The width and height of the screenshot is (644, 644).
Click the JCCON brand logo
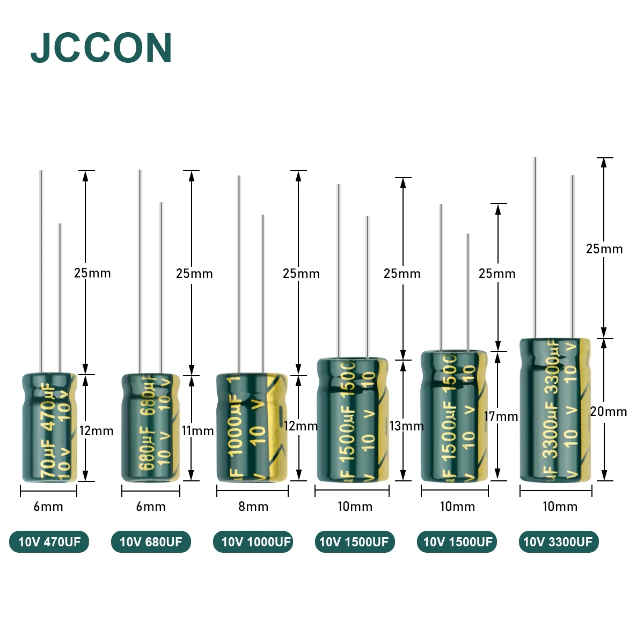tap(101, 48)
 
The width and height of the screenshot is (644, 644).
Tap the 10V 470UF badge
tap(49, 541)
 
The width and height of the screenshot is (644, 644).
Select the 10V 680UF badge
tap(151, 541)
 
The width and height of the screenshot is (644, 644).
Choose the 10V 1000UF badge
tap(253, 541)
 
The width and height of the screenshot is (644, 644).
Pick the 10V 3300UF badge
tap(558, 541)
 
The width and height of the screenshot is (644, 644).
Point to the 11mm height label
tap(197, 430)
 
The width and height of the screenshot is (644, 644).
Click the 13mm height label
tap(406, 426)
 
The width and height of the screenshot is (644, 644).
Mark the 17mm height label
tap(501, 416)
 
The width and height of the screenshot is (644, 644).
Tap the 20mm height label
tap(609, 412)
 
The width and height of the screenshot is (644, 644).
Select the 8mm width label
tap(253, 507)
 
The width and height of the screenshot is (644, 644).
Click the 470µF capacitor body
tap(49, 428)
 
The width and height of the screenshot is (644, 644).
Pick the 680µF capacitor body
tap(151, 428)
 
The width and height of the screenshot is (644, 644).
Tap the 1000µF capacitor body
tap(251, 428)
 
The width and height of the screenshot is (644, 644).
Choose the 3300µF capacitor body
tap(555, 409)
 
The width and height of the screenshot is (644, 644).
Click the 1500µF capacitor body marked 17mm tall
tap(454, 416)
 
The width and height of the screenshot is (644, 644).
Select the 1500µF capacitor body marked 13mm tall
tap(352, 420)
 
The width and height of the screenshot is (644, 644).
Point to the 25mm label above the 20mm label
tap(604, 249)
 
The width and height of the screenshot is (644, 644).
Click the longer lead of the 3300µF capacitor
tap(535, 247)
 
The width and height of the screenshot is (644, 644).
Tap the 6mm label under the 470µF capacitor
tap(48, 507)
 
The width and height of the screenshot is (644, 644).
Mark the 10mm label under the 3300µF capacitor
tap(560, 507)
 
